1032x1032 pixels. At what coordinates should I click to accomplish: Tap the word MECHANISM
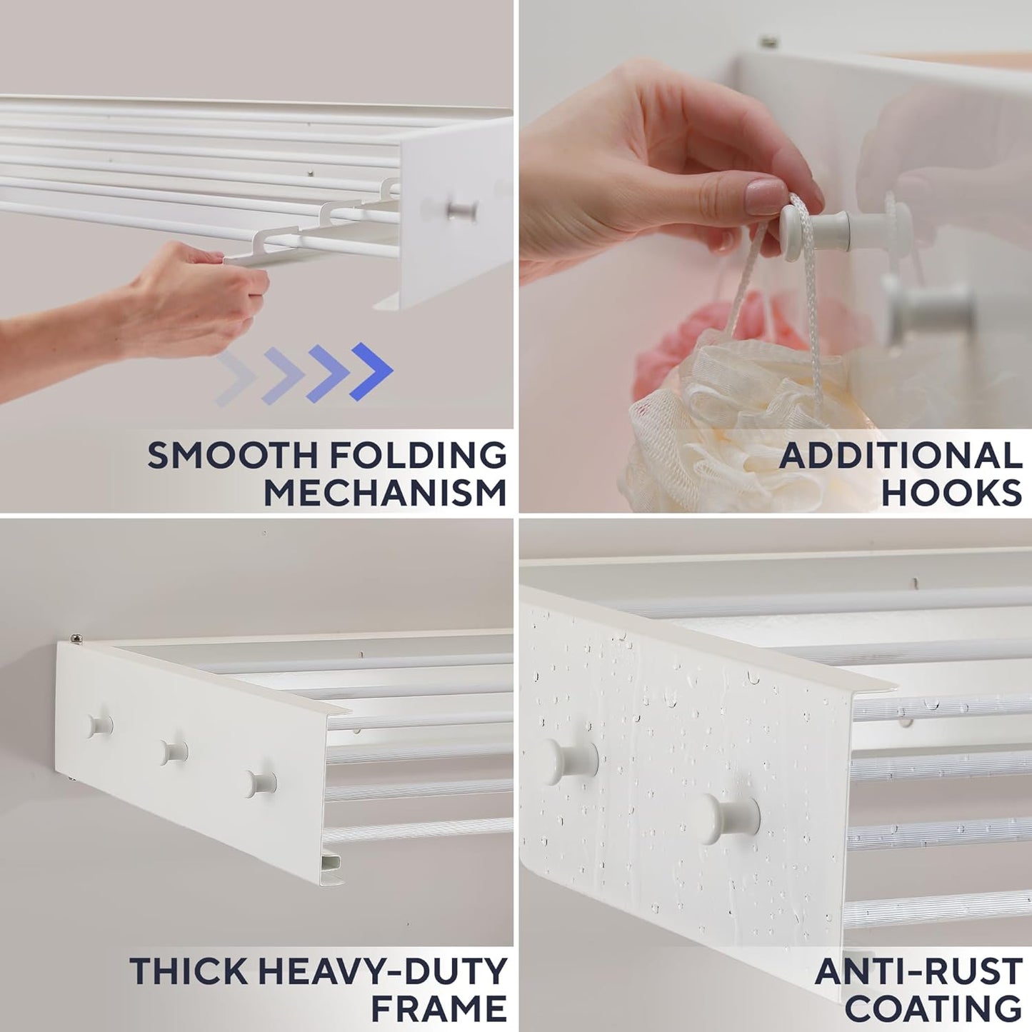point(385,493)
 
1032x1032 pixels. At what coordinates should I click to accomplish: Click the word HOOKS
point(951,493)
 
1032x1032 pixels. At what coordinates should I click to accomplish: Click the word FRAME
point(439,1008)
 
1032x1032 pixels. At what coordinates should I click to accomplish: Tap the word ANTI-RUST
point(918,971)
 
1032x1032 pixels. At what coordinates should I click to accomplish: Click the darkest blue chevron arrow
point(371,371)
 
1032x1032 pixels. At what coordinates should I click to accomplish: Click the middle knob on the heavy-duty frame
point(173,752)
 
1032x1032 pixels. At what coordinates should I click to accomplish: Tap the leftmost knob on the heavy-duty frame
point(99,726)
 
